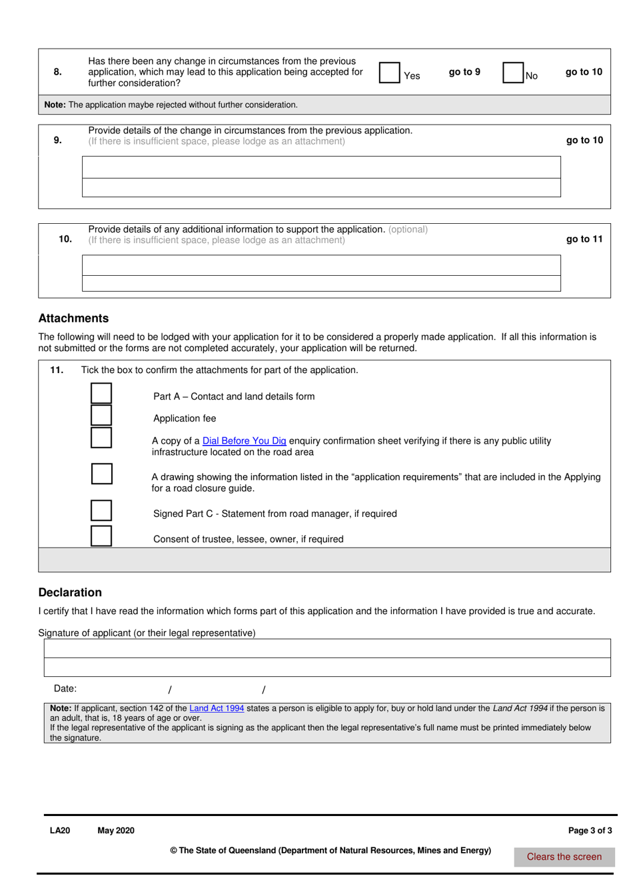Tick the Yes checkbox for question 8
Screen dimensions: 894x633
pos(389,73)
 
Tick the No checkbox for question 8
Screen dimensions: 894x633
pos(512,73)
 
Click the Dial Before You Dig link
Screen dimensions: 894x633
pos(244,441)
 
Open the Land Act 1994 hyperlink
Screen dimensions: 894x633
pos(217,709)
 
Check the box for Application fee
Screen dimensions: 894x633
pos(101,416)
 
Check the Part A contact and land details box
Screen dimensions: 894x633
pos(101,393)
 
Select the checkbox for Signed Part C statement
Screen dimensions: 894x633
pos(101,511)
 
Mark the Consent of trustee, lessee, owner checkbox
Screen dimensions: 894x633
pos(101,536)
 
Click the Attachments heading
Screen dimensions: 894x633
pos(73,318)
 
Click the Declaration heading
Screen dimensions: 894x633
pos(70,592)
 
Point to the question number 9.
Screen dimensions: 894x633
pos(58,140)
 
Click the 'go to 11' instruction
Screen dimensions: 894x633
pos(584,239)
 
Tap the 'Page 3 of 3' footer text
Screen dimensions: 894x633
pos(590,831)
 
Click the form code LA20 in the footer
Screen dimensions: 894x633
pos(60,831)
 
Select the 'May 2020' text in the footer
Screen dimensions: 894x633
pos(116,831)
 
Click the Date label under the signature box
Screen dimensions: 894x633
pos(65,689)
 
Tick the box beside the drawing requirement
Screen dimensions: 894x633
pos(101,474)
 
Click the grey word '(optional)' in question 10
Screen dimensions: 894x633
pos(408,229)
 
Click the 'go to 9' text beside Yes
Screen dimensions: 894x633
pos(464,72)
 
